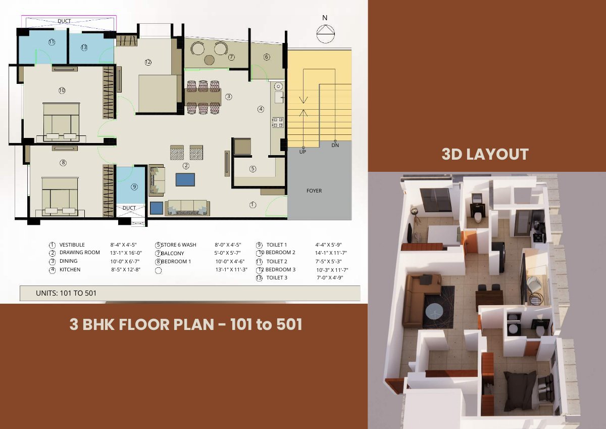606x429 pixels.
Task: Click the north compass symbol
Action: tap(325, 34)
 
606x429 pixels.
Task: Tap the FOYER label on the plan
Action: tap(314, 191)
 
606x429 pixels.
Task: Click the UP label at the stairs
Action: tap(302, 152)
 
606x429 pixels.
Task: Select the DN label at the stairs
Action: tap(335, 146)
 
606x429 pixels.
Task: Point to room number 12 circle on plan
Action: tap(148, 62)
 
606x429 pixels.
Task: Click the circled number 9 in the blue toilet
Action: tap(134, 187)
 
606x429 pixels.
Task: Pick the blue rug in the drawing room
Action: tap(185, 180)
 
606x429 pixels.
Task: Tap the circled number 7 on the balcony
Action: tap(231, 57)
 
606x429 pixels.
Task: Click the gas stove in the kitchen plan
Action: tap(278, 122)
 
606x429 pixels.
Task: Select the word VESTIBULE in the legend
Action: tap(72, 245)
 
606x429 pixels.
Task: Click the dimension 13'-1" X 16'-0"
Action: tap(126, 253)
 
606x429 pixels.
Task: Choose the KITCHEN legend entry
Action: tap(70, 270)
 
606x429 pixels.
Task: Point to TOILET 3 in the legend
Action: tap(277, 278)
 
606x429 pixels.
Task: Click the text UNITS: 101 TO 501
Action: tap(66, 293)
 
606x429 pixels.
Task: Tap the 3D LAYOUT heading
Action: tap(485, 154)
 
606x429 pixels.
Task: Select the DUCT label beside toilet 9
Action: tap(129, 208)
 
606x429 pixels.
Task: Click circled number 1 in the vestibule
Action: tap(252, 205)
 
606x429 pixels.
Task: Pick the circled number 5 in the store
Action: tap(252, 169)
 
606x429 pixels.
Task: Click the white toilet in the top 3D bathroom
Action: tap(478, 217)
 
